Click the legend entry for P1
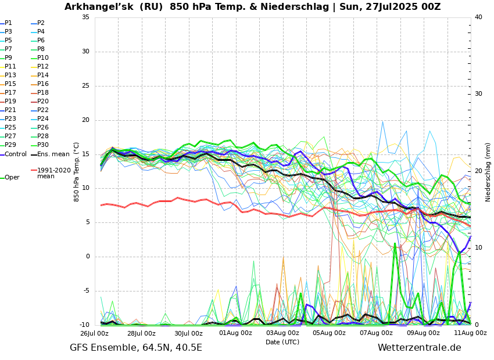click(x=8, y=23)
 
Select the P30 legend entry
click(x=43, y=145)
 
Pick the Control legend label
click(x=16, y=154)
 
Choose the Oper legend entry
click(x=12, y=178)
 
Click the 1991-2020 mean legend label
click(x=53, y=173)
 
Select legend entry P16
click(x=43, y=84)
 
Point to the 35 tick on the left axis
click(x=85, y=17)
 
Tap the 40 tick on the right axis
click(x=478, y=17)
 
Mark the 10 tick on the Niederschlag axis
click(x=478, y=248)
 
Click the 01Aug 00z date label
click(x=235, y=333)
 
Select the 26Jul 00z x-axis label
click(x=94, y=333)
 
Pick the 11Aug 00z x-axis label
click(x=470, y=333)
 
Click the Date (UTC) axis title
click(x=282, y=343)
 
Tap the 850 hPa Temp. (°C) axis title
click(x=77, y=171)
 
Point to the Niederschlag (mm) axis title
click(x=488, y=171)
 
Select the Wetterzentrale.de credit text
click(x=419, y=348)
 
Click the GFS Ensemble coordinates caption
click(x=136, y=348)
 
